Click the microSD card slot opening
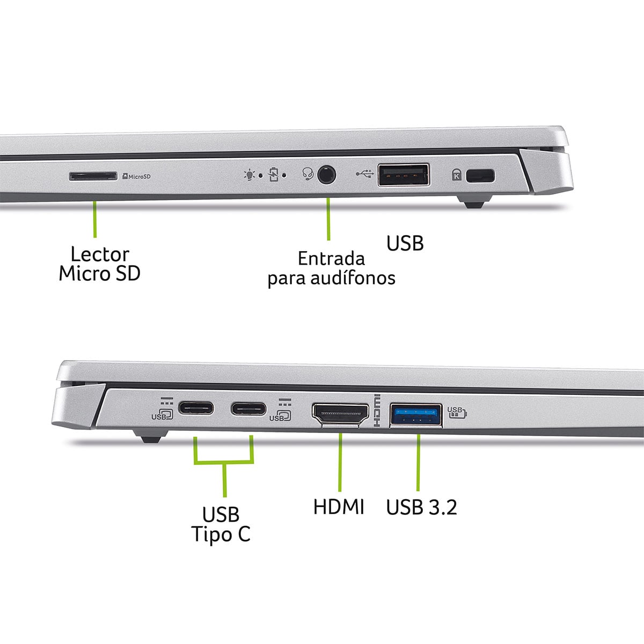(x=93, y=176)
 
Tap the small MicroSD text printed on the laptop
(x=137, y=176)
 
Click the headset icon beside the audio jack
(x=308, y=174)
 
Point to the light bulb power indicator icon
(x=250, y=175)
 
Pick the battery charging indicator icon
(x=273, y=175)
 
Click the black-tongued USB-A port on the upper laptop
(x=404, y=175)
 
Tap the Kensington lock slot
(x=480, y=176)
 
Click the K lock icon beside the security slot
(x=457, y=175)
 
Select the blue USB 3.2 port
(x=416, y=415)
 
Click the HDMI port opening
(x=340, y=414)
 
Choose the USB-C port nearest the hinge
(x=195, y=408)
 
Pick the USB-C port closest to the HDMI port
(x=248, y=409)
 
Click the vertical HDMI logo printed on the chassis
(x=377, y=411)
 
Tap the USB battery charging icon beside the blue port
(x=457, y=412)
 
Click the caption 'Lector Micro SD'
(x=100, y=264)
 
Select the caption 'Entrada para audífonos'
(x=331, y=268)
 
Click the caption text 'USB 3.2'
(x=421, y=507)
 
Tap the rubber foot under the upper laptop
(x=474, y=202)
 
